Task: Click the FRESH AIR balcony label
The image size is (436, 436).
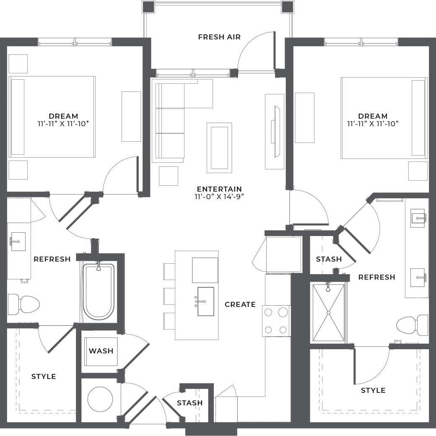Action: point(219,37)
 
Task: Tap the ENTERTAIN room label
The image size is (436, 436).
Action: point(219,189)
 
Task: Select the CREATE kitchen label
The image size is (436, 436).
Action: point(240,304)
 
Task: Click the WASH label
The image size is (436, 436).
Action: point(101,351)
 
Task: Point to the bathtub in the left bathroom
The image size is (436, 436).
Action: point(99,291)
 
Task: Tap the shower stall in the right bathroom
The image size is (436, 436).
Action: point(329,312)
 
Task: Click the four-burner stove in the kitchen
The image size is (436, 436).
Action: point(276,321)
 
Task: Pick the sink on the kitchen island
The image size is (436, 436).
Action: point(205,301)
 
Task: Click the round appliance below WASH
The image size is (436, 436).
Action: point(101,399)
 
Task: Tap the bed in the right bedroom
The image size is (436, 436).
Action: point(384,118)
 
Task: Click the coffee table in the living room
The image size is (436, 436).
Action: point(219,148)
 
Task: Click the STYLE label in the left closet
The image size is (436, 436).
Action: point(44,376)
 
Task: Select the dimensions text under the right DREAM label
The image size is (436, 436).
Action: point(372,124)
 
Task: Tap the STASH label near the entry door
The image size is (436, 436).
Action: point(189,403)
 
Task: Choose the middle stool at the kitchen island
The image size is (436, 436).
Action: point(169,296)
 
